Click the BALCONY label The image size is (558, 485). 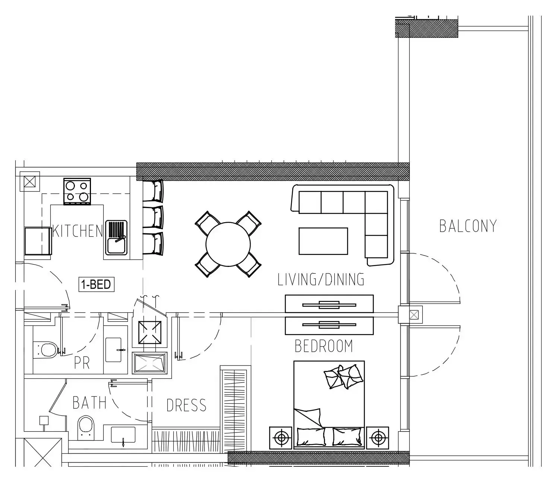point(468,226)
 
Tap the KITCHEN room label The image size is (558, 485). point(78,231)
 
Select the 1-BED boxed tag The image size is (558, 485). point(96,284)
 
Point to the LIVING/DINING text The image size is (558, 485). point(321,279)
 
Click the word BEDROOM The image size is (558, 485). point(324,346)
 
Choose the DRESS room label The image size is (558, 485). point(186,405)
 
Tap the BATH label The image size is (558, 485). point(89,403)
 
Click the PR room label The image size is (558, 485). point(82,363)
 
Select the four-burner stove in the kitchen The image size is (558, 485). point(77,191)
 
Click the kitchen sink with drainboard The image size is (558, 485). point(116,237)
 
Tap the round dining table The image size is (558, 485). point(228,244)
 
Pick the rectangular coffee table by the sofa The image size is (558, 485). point(323,241)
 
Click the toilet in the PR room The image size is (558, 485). point(45,349)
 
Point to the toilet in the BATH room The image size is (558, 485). point(86,428)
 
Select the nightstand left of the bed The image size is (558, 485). point(281,438)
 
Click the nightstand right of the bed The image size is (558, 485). point(378,438)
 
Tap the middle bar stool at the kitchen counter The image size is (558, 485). point(153,217)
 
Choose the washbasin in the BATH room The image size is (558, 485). point(123,435)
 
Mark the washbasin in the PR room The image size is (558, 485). point(113,350)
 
